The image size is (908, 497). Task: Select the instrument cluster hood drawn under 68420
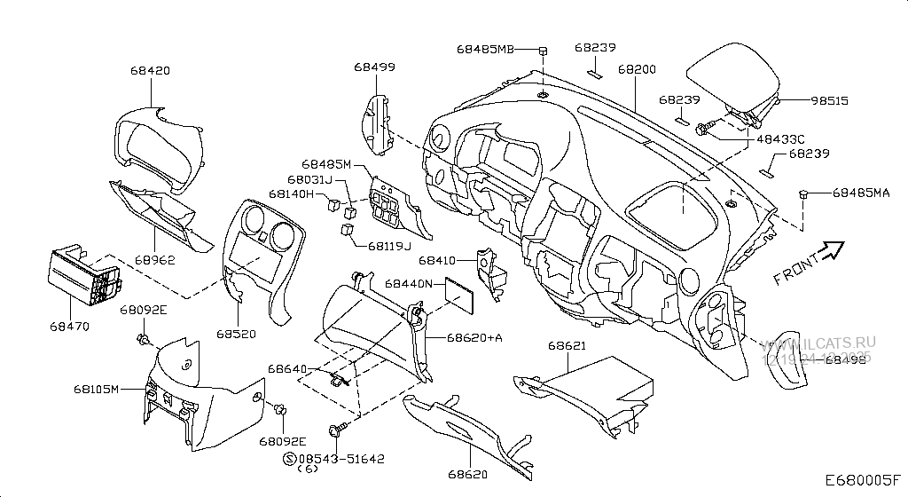160,146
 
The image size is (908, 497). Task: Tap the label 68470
69,327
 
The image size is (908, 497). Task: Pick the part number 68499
374,67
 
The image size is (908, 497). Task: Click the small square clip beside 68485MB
543,49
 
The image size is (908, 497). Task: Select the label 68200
637,68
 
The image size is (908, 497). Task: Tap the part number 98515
829,101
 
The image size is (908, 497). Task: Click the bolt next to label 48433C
703,130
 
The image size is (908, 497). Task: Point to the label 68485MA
860,193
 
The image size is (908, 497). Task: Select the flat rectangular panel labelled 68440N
461,295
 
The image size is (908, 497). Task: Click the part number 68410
437,261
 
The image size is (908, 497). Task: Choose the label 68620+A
474,338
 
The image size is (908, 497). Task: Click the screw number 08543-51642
347,458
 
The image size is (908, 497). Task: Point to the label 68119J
388,246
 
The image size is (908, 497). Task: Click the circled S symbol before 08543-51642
288,458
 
